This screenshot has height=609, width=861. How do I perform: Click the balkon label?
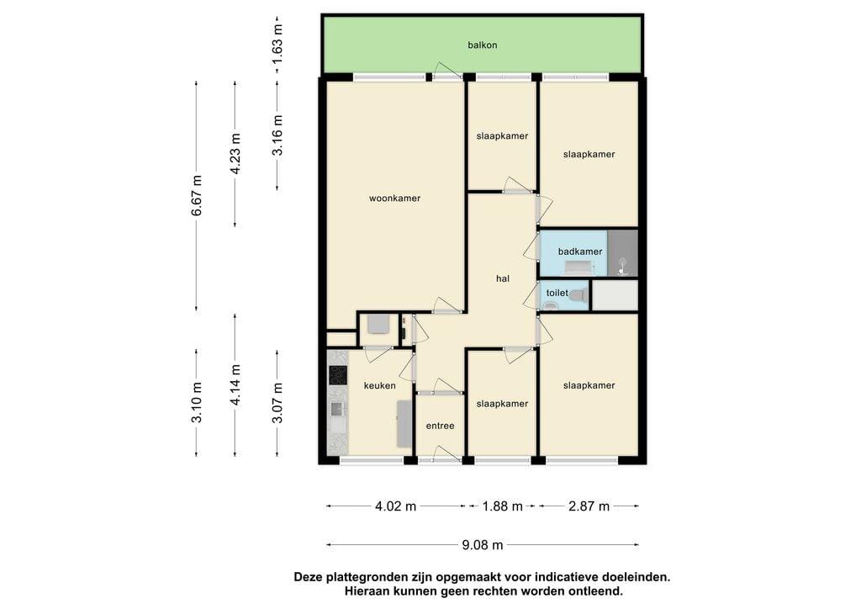(x=482, y=45)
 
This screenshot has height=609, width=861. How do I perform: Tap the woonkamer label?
(x=394, y=199)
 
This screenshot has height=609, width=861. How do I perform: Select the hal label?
(x=503, y=278)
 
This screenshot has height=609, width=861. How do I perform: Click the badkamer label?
(x=580, y=252)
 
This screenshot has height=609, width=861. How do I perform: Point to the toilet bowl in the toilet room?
(x=577, y=295)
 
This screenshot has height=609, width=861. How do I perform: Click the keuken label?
(x=379, y=385)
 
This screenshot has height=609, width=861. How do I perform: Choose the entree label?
(x=440, y=426)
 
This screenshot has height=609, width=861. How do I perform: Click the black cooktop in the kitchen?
(x=338, y=374)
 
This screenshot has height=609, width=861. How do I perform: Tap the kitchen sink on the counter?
(x=336, y=409)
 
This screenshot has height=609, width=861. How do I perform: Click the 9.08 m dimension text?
(x=482, y=545)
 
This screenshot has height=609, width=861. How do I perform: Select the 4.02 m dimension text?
(x=395, y=506)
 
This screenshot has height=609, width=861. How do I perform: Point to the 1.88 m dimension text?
(x=503, y=506)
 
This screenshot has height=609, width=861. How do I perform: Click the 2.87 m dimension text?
(x=589, y=506)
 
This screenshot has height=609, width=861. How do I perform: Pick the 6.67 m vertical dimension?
(x=197, y=195)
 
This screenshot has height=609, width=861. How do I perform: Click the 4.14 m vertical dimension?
(x=235, y=385)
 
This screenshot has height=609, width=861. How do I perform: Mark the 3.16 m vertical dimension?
(x=277, y=135)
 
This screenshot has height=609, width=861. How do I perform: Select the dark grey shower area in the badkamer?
(x=623, y=253)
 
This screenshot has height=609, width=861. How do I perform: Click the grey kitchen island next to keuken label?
(x=404, y=423)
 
